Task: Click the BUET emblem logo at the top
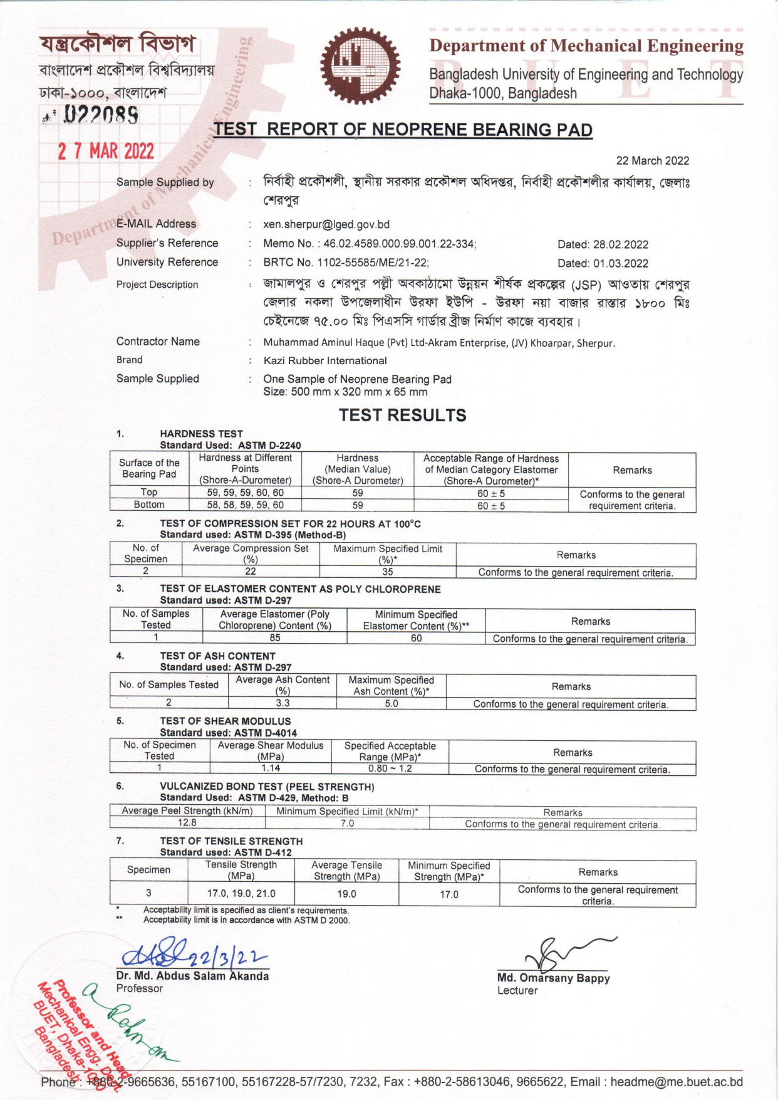pos(360,66)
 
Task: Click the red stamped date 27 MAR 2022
pos(105,152)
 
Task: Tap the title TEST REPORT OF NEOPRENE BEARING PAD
pos(403,130)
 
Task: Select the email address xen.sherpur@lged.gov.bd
pos(326,224)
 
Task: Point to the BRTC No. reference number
pos(346,263)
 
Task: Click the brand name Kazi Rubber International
pos(325,360)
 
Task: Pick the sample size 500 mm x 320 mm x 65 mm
pos(345,392)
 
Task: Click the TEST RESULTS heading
pos(402,415)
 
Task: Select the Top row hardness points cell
pos(245,493)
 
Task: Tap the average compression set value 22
pos(251,572)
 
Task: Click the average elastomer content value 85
pos(274,638)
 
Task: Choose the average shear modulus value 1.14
pos(271,768)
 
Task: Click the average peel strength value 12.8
pos(187,823)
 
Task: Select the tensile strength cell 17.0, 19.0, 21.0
pos(241,894)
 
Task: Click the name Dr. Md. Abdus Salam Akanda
pos(192,976)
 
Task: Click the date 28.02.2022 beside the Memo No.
pos(603,244)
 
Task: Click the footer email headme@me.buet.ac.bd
pos(677,1082)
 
